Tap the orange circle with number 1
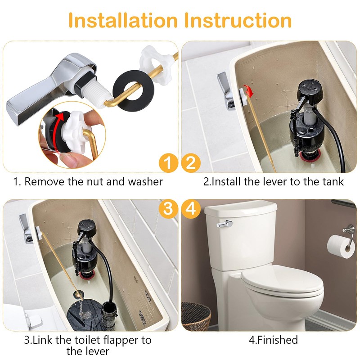tap(168, 163)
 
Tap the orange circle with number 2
tap(191, 163)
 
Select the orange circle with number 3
tap(168, 209)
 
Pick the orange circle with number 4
tap(191, 209)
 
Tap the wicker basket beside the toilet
tap(196, 316)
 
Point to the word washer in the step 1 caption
tap(144, 182)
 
